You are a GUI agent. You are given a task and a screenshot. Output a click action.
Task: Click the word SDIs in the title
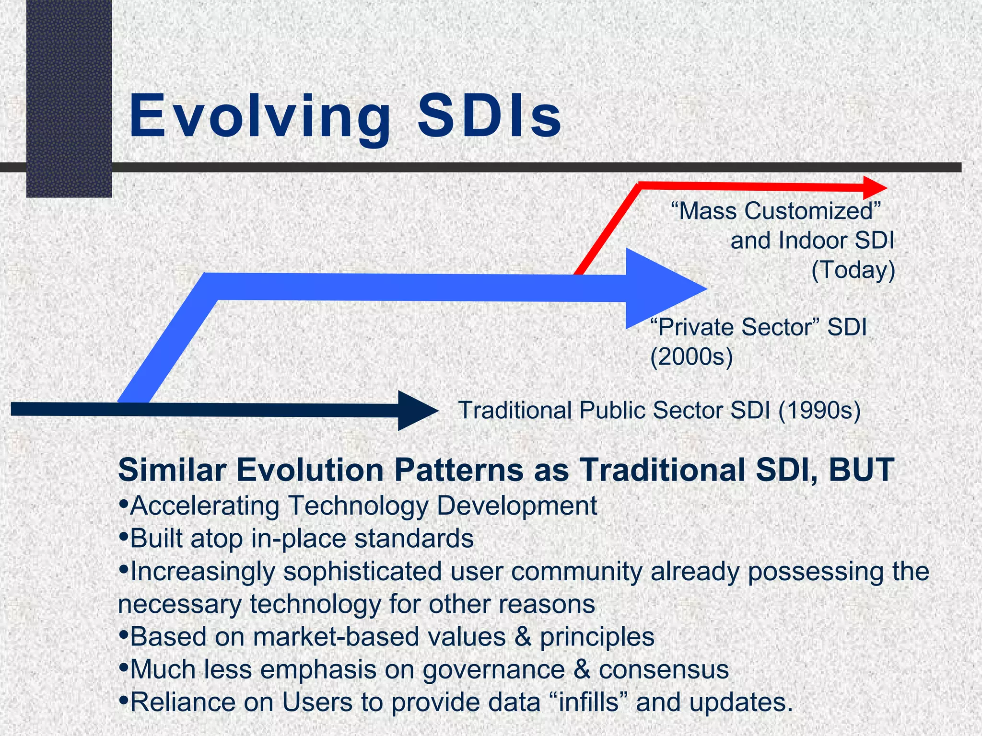click(x=489, y=116)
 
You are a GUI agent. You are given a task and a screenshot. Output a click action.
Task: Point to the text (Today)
click(x=853, y=270)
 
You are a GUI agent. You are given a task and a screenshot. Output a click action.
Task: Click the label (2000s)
click(x=691, y=357)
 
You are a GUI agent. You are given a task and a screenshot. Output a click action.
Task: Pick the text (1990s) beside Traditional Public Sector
click(x=819, y=411)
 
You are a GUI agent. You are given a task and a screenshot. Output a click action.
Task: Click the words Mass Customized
click(x=776, y=211)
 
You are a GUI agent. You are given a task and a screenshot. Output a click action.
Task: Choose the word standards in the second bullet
click(x=414, y=539)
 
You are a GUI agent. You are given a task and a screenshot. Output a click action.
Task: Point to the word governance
click(x=493, y=670)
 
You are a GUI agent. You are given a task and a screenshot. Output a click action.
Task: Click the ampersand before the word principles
click(x=523, y=637)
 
